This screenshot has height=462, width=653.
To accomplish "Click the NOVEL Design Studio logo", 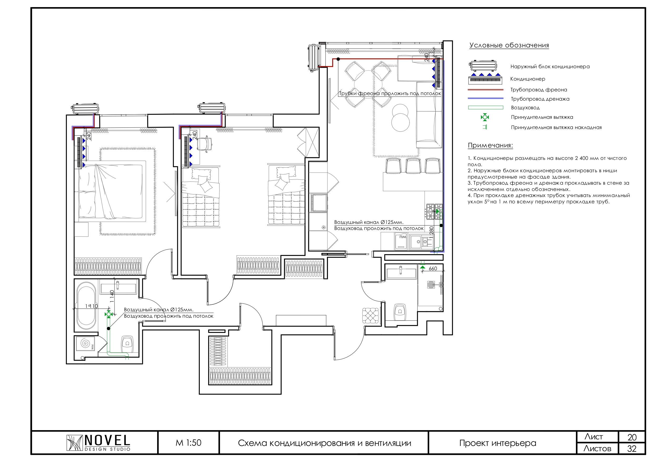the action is click(98, 443).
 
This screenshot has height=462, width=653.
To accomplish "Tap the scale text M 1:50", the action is click(188, 443).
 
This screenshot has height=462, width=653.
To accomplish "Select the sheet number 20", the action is click(632, 437).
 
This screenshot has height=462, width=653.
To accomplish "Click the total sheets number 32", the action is click(632, 449).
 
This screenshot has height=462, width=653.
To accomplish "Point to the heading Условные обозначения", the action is click(509, 46).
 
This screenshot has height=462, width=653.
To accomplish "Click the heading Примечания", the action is click(491, 145).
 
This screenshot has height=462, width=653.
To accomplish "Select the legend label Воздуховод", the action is click(525, 108).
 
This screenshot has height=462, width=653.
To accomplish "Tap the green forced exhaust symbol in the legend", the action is click(485, 117).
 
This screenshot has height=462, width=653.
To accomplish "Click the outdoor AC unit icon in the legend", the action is click(483, 66).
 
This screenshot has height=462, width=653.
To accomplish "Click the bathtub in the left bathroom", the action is click(87, 306).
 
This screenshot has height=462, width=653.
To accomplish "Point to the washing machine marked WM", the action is click(85, 343).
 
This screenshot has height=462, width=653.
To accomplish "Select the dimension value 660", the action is click(433, 269).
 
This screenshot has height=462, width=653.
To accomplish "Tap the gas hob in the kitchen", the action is click(434, 212).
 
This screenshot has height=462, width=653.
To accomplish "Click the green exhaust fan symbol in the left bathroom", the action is click(109, 314).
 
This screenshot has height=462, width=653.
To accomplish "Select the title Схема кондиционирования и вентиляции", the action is click(325, 443).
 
